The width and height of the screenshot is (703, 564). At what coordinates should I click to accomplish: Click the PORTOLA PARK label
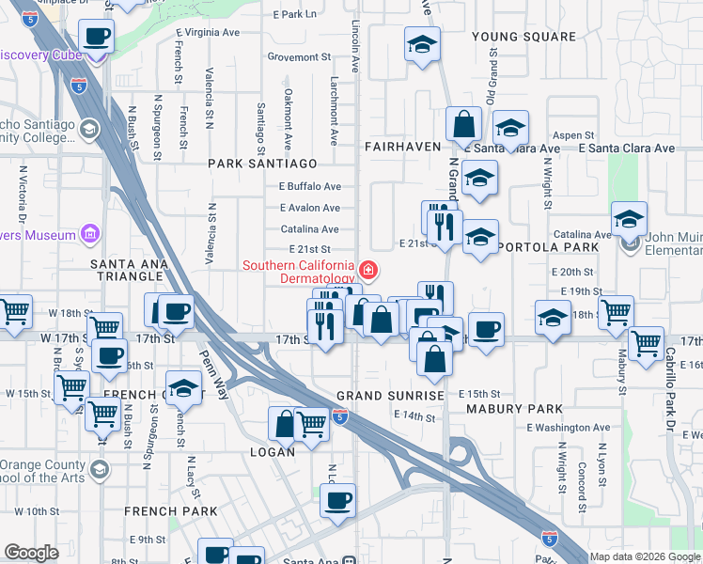click(548, 247)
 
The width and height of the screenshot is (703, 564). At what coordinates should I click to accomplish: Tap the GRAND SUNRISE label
click(390, 396)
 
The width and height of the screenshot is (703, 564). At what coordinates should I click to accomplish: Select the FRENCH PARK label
click(171, 511)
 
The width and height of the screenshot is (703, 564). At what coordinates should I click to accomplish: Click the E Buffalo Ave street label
click(309, 187)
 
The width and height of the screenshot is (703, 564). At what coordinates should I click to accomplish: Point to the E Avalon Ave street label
click(309, 208)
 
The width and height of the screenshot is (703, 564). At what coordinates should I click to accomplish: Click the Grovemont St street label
click(293, 57)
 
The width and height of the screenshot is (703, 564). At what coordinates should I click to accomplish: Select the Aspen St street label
click(573, 136)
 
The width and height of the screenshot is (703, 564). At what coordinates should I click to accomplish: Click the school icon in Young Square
click(422, 43)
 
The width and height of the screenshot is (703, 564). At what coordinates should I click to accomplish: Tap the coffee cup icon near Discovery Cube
click(96, 39)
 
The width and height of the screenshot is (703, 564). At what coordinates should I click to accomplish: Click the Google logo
click(31, 553)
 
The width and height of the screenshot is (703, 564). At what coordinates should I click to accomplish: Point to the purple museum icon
click(90, 232)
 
